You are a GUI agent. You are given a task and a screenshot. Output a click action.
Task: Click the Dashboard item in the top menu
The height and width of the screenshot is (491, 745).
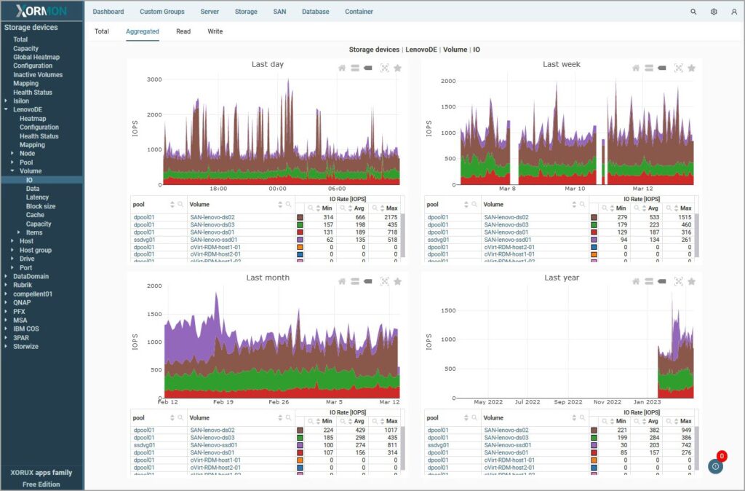click(x=108, y=12)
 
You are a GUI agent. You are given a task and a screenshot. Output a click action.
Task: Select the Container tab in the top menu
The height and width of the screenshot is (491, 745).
click(x=359, y=12)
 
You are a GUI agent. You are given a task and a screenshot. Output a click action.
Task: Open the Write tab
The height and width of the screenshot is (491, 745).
click(x=215, y=31)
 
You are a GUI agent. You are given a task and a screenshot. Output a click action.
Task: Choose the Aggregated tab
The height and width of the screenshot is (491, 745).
click(x=143, y=31)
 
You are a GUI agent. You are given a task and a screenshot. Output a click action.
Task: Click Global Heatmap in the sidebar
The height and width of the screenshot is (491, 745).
click(x=36, y=57)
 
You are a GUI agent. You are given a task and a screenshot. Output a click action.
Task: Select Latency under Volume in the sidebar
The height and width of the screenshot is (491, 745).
click(x=37, y=197)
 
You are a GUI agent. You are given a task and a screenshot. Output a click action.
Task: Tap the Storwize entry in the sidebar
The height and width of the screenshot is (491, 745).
click(x=25, y=347)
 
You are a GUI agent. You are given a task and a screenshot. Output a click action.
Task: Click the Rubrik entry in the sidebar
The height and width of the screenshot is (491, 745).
click(x=23, y=285)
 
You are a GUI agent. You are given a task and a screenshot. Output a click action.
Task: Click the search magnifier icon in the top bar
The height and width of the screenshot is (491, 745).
click(x=693, y=12)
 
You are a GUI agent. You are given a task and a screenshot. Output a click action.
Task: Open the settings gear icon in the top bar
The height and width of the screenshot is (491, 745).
click(x=714, y=12)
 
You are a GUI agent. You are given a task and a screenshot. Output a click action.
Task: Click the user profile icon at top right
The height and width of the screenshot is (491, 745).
click(x=734, y=12)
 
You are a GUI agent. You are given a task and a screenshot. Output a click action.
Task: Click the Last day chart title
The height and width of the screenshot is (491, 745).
click(x=268, y=64)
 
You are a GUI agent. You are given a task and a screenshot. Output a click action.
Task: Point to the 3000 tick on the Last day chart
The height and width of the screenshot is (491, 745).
click(x=154, y=79)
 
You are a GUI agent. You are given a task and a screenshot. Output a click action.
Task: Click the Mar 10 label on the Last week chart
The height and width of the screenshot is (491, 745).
click(x=574, y=189)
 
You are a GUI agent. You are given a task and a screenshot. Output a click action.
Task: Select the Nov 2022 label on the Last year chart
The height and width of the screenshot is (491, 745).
click(x=607, y=402)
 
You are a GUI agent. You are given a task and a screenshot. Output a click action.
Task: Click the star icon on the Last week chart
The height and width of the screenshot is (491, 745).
click(x=691, y=68)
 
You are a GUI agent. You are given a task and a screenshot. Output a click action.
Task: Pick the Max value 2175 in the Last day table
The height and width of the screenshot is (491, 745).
click(x=386, y=217)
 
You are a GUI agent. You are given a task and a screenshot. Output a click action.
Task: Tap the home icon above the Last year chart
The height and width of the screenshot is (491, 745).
click(x=635, y=281)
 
